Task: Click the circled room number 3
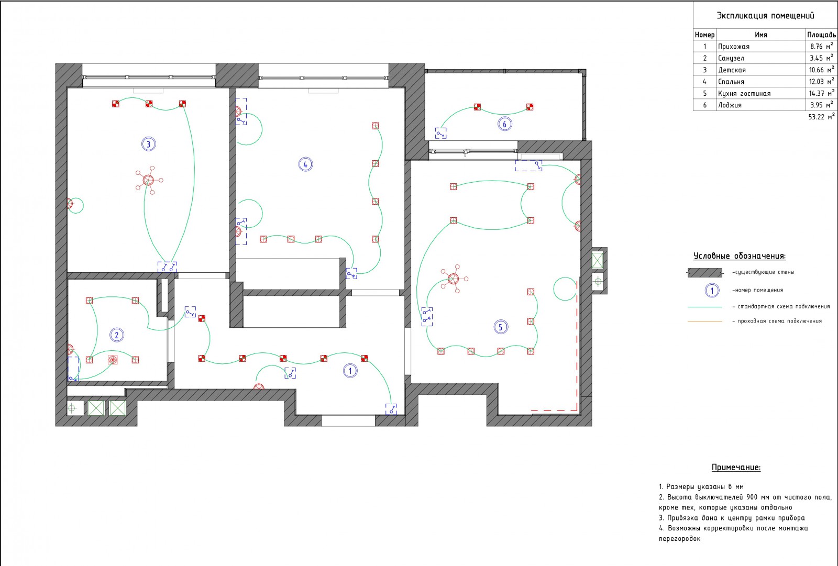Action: pos(149,144)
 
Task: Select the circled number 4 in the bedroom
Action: pos(305,164)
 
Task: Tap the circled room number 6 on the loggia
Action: pos(504,124)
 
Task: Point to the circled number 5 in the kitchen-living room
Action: pos(501,327)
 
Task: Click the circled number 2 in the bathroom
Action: pos(116,335)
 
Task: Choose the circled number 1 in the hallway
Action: pos(350,371)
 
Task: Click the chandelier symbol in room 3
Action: pos(149,180)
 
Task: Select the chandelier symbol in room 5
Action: pos(454,279)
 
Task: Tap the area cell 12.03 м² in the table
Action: pos(821,82)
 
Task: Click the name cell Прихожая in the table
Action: pos(734,47)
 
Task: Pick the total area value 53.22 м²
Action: pos(821,117)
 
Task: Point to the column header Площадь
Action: pos(821,35)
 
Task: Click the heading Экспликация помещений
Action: pos(765,16)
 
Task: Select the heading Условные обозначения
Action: pos(739,256)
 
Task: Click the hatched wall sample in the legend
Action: pos(705,272)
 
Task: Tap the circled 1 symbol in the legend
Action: pos(712,290)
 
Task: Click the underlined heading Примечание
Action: pos(736,467)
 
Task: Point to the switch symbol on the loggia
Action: pos(440,133)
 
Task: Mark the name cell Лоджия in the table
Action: pos(730,105)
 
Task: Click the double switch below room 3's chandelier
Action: pos(167,267)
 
